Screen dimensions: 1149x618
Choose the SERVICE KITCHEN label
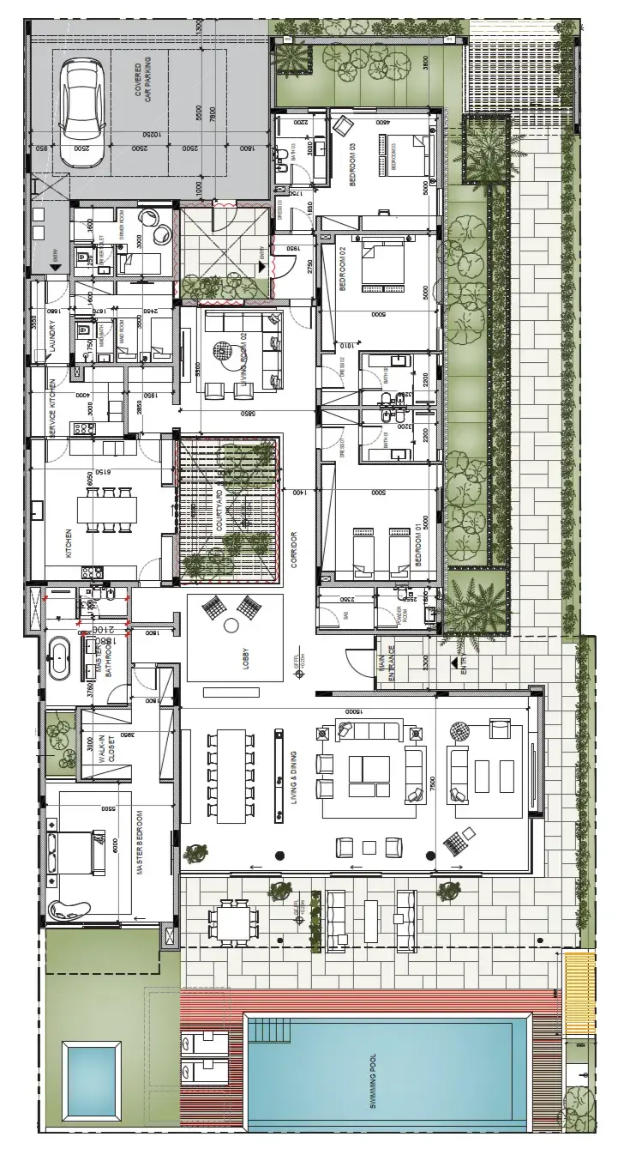click(51, 409)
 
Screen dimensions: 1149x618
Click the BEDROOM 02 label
click(341, 269)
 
